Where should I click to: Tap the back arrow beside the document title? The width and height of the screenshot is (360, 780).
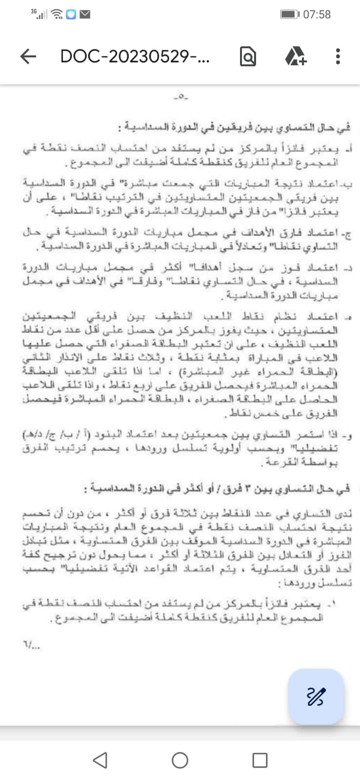[x=28, y=57]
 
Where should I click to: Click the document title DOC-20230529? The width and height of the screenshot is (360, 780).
[x=135, y=57]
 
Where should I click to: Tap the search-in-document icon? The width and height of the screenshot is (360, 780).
[x=248, y=57]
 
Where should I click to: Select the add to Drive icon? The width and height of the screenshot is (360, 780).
[x=296, y=57]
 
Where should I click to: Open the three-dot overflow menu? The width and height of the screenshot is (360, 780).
[x=338, y=57]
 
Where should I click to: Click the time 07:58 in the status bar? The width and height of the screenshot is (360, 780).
[x=317, y=15]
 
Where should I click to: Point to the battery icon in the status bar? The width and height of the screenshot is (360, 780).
[x=289, y=15]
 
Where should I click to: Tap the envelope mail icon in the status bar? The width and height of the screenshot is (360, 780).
[x=85, y=15]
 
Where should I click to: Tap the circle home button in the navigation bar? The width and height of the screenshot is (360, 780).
[x=180, y=760]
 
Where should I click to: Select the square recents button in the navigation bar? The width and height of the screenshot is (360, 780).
[x=260, y=760]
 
